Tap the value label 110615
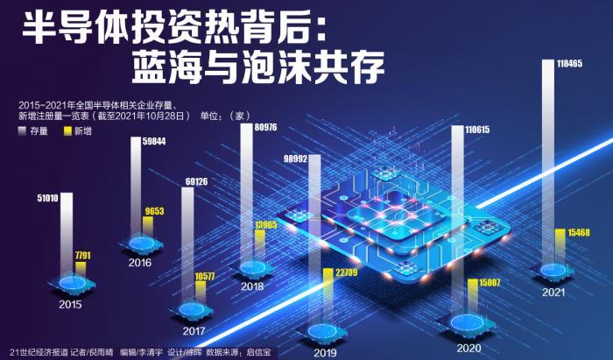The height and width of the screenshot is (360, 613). tap(467, 130)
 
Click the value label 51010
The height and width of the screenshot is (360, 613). tap(47, 198)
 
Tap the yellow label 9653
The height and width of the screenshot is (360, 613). tap(154, 212)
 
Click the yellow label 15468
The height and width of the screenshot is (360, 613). tap(579, 232)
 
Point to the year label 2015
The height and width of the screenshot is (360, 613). tap(71, 305)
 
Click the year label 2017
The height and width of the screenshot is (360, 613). tap(194, 332)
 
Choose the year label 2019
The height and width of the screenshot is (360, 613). tap(325, 352)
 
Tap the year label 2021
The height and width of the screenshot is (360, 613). tap(553, 292)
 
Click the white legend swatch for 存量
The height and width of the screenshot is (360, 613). tap(22, 131)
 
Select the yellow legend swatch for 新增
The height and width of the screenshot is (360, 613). tap(67, 131)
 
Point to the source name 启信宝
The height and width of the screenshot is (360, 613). tap(257, 352)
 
